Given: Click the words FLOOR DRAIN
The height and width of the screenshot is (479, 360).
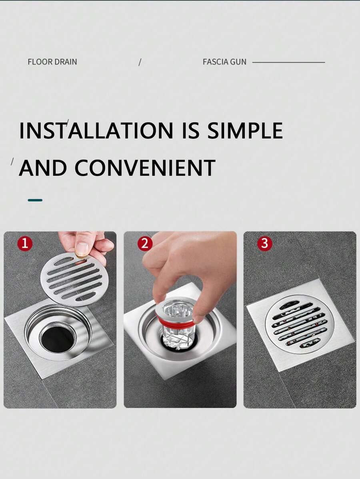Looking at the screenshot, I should click(52, 62).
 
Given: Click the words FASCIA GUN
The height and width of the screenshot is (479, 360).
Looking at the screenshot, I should click(224, 62).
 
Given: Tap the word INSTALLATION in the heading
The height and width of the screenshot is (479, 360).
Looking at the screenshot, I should click(96, 131).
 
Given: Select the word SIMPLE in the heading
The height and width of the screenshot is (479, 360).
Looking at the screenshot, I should click(245, 131).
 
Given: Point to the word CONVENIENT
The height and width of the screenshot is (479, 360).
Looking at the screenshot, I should click(145, 168).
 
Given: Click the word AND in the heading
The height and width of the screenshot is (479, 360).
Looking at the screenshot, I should click(43, 168).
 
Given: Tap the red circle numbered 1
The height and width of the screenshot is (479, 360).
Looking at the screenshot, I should click(25, 243).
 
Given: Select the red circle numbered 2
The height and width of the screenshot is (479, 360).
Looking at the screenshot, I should click(145, 243).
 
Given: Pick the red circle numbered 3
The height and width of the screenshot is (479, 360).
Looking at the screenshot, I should click(264, 243).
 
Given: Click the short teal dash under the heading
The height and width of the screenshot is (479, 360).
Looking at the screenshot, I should click(35, 200).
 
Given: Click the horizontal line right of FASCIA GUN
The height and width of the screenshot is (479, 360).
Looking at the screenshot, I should click(288, 62).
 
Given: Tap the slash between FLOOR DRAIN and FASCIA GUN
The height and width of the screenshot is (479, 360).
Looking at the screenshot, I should click(140, 62).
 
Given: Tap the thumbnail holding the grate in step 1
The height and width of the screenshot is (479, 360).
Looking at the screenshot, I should click(82, 249).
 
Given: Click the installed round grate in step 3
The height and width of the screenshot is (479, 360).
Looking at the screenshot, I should click(299, 324).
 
